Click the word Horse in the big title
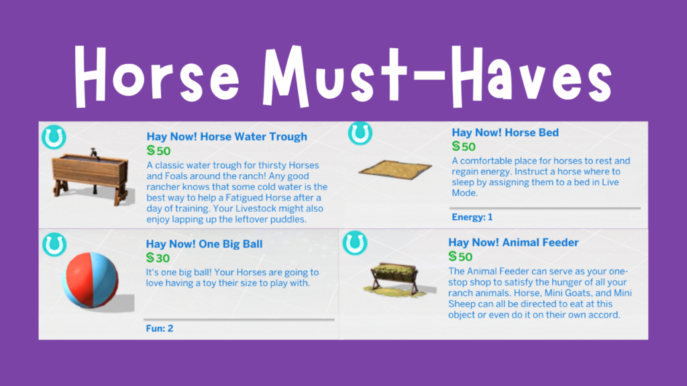(x=157, y=76)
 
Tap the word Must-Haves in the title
(x=437, y=76)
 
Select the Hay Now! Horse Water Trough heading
(x=227, y=137)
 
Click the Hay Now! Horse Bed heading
(x=505, y=132)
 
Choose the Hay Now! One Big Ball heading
(x=204, y=244)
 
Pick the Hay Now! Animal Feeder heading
(x=513, y=242)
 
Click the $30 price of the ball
(x=158, y=258)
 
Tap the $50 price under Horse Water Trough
(x=158, y=151)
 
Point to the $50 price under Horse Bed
(x=464, y=146)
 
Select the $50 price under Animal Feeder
(x=460, y=257)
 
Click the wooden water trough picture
(x=91, y=177)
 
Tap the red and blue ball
(x=91, y=280)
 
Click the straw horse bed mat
(x=395, y=170)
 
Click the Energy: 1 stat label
(x=472, y=217)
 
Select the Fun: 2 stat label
(x=160, y=328)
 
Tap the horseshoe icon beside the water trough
(x=54, y=137)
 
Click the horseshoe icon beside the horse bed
(x=360, y=133)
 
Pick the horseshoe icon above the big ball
(x=54, y=244)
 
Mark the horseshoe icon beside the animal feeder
(x=355, y=243)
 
